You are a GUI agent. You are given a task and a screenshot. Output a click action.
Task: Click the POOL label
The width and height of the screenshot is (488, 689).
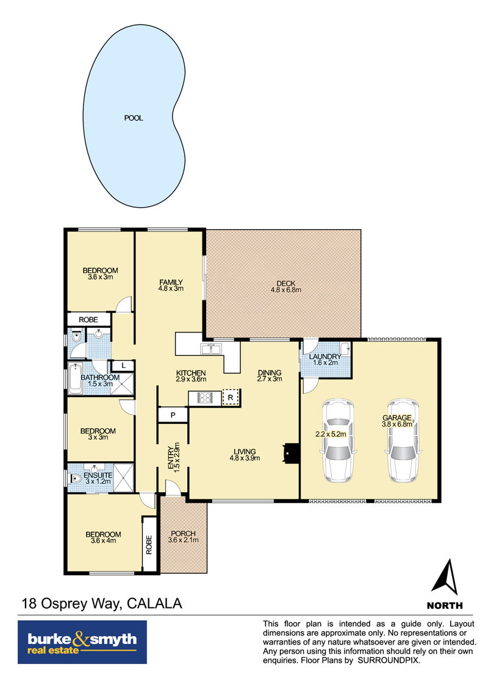[x=134, y=118]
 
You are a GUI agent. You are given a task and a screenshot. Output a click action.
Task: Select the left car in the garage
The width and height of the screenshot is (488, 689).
[x=337, y=440]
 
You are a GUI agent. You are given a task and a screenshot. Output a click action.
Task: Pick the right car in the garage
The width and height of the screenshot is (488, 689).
[x=402, y=440]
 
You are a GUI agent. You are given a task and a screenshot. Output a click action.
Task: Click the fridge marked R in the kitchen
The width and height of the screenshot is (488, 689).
[x=231, y=397]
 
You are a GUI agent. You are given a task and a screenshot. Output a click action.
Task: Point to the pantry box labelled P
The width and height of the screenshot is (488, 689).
[x=173, y=415]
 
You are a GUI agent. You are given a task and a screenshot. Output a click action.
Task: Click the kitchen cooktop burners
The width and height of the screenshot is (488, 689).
[x=204, y=398]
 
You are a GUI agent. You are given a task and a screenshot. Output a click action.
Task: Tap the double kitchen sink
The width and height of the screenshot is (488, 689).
[x=211, y=349]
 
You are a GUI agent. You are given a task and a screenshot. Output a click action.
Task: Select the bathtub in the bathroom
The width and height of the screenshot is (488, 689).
[x=75, y=378]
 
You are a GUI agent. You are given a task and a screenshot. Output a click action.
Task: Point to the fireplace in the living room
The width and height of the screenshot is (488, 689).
[x=290, y=453]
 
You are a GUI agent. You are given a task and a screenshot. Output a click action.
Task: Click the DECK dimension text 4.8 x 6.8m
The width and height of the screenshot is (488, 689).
[x=286, y=290]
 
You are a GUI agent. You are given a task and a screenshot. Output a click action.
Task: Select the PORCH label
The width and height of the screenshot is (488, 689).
[x=183, y=534]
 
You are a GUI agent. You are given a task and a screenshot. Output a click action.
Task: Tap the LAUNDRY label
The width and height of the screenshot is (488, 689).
[x=325, y=356]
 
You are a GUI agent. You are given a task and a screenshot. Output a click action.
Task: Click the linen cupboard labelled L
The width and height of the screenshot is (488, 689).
[x=124, y=366]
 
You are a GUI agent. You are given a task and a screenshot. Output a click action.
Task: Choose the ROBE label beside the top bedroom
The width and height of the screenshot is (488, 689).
[x=88, y=320]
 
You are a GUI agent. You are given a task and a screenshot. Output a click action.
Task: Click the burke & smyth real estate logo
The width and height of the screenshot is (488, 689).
[x=82, y=642]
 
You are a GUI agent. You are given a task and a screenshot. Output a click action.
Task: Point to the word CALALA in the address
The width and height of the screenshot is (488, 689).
[x=154, y=603]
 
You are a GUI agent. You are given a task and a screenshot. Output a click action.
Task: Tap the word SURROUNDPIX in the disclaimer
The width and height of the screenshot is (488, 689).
[x=389, y=660]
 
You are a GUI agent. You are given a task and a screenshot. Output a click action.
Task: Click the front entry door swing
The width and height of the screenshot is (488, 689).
[x=172, y=487]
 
